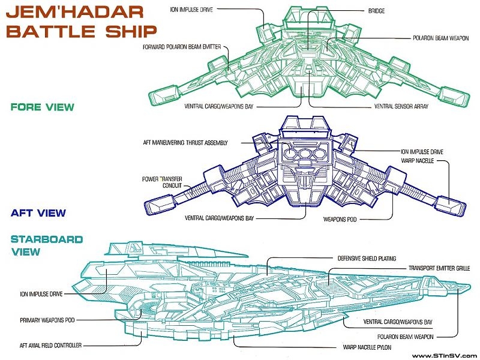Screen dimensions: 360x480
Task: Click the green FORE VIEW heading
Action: pos(42,107)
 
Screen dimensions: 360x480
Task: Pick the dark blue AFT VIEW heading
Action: pos(38,213)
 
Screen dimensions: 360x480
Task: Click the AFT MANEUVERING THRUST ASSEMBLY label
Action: pos(191,142)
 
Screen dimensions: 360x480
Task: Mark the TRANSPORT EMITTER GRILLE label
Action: pos(439,268)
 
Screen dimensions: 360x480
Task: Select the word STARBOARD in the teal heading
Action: pos(47,239)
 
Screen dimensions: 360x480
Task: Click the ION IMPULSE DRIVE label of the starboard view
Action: pos(40,295)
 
